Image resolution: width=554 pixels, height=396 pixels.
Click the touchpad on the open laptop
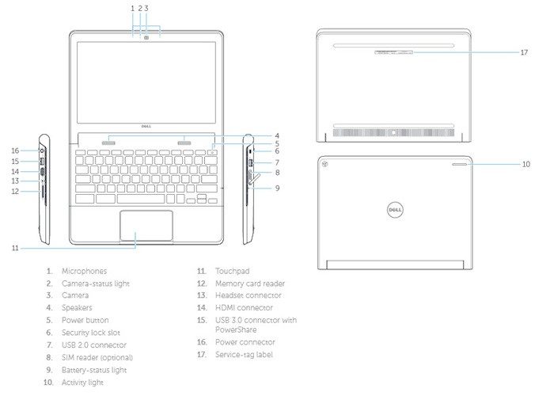pyautogui.click(x=146, y=225)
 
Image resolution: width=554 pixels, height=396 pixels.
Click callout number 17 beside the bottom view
pyautogui.click(x=524, y=53)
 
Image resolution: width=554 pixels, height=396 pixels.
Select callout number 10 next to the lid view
pyautogui.click(x=525, y=165)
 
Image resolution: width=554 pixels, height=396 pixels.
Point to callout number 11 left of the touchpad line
pyautogui.click(x=15, y=248)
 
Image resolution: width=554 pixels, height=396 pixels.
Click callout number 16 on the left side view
pyautogui.click(x=14, y=150)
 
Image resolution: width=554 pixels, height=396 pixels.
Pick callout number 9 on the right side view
pyautogui.click(x=277, y=188)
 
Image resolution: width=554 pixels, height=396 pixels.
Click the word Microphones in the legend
pyautogui.click(x=84, y=271)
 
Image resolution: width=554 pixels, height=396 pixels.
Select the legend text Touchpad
pyautogui.click(x=232, y=271)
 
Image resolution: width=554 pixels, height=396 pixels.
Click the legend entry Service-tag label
pyautogui.click(x=244, y=354)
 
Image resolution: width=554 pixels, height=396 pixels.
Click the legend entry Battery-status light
pyautogui.click(x=93, y=370)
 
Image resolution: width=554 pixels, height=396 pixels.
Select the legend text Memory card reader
pyautogui.click(x=250, y=283)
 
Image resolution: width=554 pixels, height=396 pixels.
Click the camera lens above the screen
pyautogui.click(x=146, y=36)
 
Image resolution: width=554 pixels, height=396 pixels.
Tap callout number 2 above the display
pyautogui.click(x=139, y=7)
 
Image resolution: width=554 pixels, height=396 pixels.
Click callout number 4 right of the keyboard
pyautogui.click(x=277, y=135)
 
